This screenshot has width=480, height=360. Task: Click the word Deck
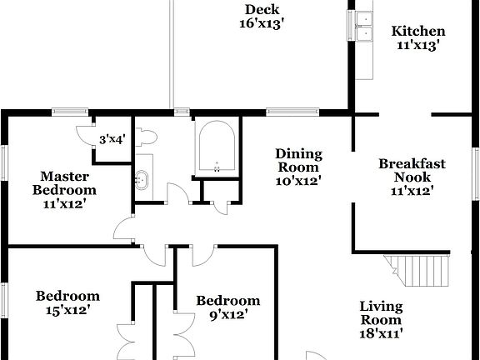[x=261, y=10]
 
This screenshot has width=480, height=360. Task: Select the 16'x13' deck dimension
[x=262, y=24]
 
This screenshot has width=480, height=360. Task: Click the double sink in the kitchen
[x=363, y=27]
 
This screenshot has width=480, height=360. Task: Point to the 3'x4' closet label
[x=112, y=140]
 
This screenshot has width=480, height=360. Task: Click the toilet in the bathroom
[x=146, y=136]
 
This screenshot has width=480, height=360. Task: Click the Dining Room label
[x=298, y=160]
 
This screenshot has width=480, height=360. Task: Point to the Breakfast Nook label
[x=412, y=170]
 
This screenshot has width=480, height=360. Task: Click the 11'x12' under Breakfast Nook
[x=412, y=191]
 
